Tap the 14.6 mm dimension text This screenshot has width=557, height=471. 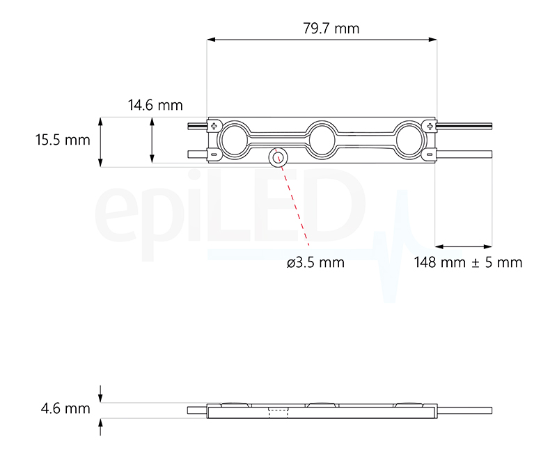(155, 105)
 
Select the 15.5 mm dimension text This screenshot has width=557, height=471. (63, 139)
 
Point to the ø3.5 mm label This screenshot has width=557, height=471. (315, 262)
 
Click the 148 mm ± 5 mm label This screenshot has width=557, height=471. (467, 262)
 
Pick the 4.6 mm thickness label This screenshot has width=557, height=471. (65, 408)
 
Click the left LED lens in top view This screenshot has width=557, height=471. (233, 138)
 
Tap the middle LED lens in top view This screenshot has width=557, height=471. (322, 138)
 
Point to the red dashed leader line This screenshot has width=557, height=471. (292, 202)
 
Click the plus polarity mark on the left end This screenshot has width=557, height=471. (214, 126)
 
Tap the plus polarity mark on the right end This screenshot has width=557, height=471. (430, 126)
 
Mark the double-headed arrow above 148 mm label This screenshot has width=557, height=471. (464, 246)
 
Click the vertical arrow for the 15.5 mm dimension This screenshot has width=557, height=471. (102, 142)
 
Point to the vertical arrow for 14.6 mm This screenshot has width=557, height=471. (152, 141)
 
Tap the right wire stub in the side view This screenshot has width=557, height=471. (464, 410)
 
